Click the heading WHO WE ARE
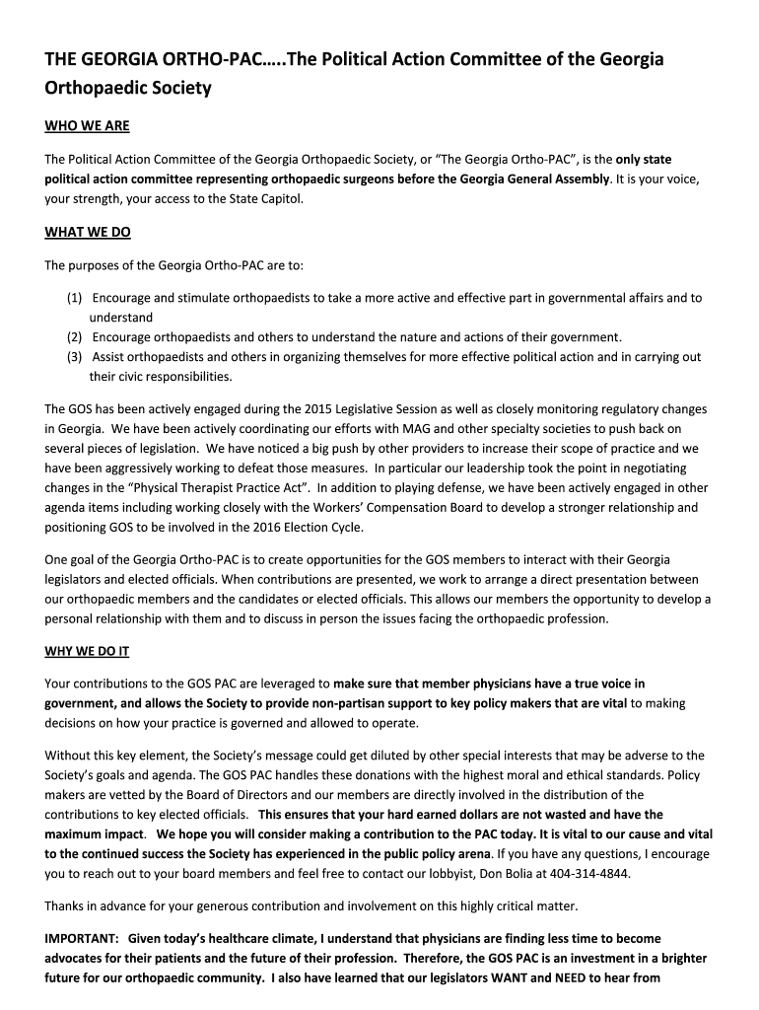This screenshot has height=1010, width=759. coord(87,126)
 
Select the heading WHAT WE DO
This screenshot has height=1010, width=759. coord(88,233)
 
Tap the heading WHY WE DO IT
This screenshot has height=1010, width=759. coord(87,651)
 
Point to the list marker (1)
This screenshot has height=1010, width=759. coord(75,298)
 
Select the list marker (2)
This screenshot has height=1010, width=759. coord(75,336)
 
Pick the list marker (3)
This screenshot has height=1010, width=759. coord(75,357)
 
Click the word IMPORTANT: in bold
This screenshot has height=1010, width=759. coord(83,938)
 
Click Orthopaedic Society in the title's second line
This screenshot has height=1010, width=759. coord(128,88)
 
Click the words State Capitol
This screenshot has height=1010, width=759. coord(265,198)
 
